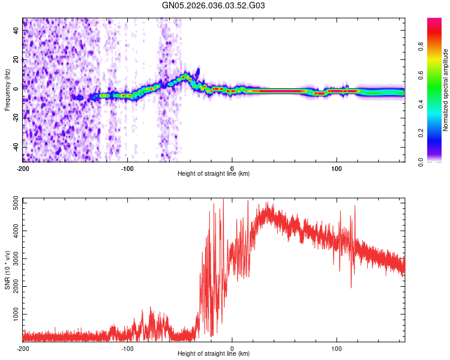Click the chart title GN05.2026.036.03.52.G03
[214, 5]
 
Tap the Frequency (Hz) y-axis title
[7, 90]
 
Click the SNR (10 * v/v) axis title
[7, 270]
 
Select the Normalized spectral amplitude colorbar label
[446, 90]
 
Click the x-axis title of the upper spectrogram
[214, 173]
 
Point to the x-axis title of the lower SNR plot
[214, 353]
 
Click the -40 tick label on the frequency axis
[15, 148]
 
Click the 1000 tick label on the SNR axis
[12, 314]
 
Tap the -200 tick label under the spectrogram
[23, 167]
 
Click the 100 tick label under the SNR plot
[337, 347]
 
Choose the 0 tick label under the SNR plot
[232, 347]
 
